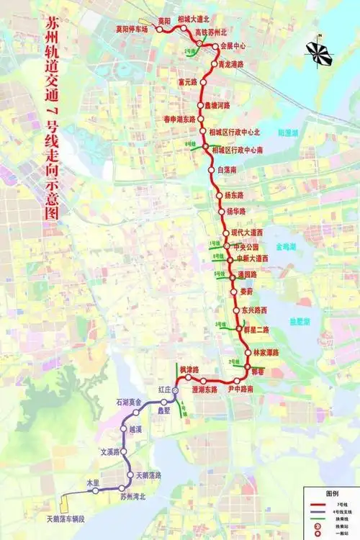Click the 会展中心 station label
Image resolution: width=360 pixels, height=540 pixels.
233,45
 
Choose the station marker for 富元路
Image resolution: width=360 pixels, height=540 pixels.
203,82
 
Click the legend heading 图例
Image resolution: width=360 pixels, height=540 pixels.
332,494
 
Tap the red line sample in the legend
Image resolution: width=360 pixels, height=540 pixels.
316,505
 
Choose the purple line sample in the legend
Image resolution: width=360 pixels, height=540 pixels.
316,512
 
